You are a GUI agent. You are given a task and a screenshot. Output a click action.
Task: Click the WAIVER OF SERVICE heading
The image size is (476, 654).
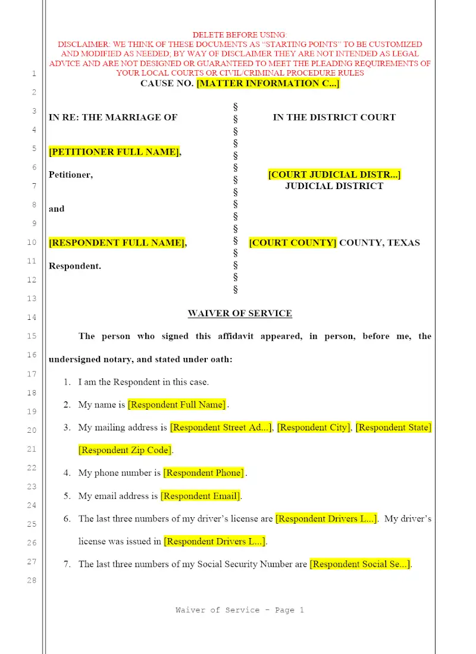240,313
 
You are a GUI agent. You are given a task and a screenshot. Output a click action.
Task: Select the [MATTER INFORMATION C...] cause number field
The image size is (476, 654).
268,84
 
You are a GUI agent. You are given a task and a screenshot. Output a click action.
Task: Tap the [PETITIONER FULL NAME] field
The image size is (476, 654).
114,152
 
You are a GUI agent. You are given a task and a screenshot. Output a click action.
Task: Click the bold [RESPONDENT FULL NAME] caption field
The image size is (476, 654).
117,243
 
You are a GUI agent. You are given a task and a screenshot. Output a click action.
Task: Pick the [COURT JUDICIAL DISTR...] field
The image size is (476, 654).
334,175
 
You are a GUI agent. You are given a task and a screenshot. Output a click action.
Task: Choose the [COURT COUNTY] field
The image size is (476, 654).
293,243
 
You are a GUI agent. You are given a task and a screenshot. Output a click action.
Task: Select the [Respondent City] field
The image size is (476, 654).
314,427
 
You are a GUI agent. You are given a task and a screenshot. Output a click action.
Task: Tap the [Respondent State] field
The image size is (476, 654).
393,427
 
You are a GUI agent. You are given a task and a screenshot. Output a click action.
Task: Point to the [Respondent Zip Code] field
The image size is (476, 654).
125,450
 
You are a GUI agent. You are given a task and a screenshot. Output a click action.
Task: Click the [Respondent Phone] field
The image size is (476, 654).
203,473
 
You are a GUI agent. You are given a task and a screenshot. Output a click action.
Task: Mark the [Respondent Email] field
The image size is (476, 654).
201,496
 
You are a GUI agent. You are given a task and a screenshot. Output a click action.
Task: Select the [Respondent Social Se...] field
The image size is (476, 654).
360,564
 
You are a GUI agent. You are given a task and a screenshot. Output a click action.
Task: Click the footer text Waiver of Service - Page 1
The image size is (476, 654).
240,610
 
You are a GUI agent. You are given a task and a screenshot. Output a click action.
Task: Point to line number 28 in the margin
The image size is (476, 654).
32,580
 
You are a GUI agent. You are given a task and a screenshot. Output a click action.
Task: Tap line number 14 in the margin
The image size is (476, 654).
32,317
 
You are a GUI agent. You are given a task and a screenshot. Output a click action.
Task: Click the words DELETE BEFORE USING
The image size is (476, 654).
239,35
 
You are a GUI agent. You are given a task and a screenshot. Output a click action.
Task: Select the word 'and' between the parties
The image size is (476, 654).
57,209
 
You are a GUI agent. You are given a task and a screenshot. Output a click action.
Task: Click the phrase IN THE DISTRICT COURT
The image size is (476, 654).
334,117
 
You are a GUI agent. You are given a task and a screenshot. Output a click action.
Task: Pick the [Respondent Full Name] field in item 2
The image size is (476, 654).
177,405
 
